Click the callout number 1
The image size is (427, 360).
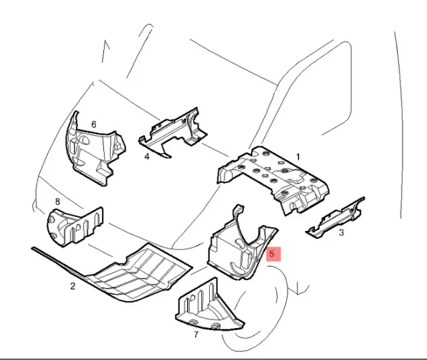(298, 157)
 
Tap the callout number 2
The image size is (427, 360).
(73, 286)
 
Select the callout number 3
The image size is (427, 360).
(341, 233)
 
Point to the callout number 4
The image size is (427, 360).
(147, 157)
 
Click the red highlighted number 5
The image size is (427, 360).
(273, 254)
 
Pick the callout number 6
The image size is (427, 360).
(94, 124)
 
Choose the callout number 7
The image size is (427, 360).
(196, 335)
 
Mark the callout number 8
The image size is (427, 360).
(57, 202)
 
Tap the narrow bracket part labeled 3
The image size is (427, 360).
(335, 218)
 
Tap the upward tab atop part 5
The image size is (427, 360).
(238, 210)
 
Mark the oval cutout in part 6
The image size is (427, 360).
(85, 140)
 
